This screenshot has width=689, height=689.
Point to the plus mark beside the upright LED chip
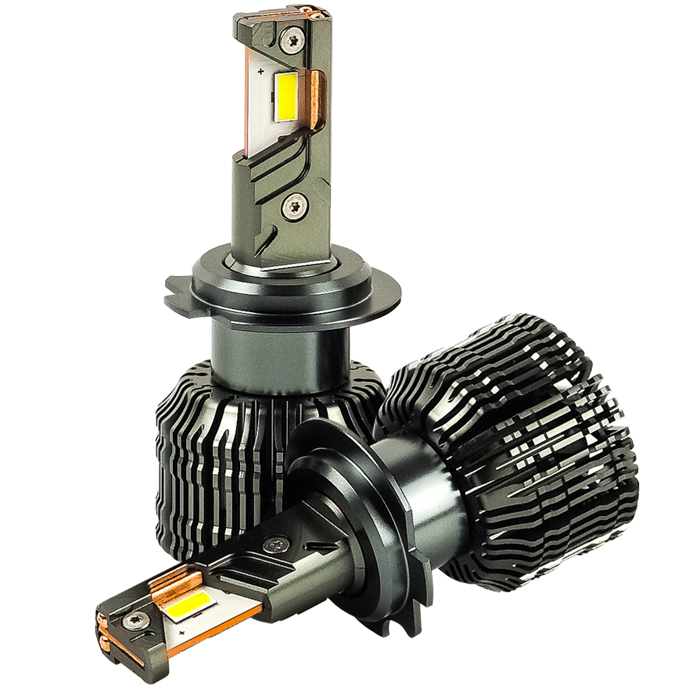[x=259, y=71]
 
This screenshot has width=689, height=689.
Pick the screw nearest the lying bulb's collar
[x=275, y=544]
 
